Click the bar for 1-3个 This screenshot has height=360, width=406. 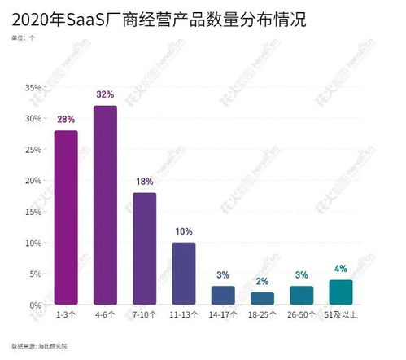[66, 217]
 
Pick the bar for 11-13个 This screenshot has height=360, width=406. [184, 274]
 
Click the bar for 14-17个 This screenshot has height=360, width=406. [223, 295]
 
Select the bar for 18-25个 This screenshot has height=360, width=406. [262, 298]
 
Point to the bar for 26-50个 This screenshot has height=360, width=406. [302, 295]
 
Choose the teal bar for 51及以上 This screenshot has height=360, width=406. [341, 292]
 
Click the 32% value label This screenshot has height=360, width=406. [105, 94]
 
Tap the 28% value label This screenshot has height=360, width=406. [66, 120]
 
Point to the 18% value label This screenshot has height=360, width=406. [144, 182]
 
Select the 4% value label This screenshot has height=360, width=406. [341, 269]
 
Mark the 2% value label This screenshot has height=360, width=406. [262, 281]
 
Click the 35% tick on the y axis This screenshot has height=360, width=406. [33, 87]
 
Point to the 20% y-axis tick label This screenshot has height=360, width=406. [33, 181]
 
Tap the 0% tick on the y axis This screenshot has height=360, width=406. [36, 305]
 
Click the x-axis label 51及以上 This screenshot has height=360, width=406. [341, 315]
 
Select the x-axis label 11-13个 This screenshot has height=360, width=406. [184, 315]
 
